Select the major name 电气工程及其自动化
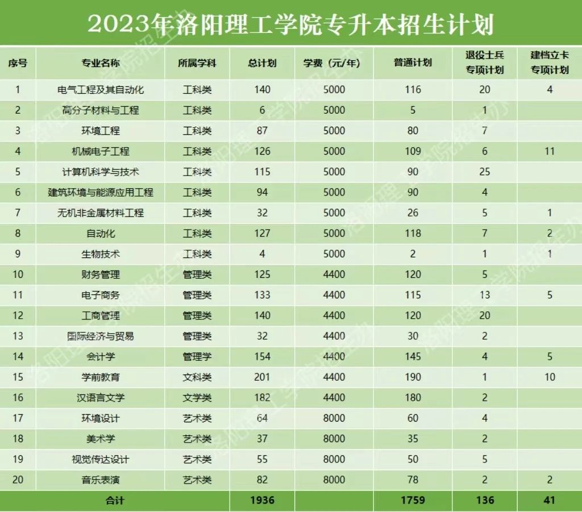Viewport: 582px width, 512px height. coord(101,89)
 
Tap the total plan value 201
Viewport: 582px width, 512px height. coord(262,377)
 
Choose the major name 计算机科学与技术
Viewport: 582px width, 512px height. coord(101,172)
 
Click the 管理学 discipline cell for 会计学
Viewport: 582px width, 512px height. coord(197,356)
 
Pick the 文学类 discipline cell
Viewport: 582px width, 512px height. coord(197,397)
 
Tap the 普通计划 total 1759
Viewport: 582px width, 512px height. coord(413,500)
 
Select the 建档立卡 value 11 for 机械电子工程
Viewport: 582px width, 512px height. coord(550,151)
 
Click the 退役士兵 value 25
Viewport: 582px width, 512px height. coord(484,172)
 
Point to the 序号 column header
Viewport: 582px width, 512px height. coord(18,63)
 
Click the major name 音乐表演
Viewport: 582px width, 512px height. coord(101,480)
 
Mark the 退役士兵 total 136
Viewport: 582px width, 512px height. coord(484,500)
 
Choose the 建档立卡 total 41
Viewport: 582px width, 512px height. coord(550,500)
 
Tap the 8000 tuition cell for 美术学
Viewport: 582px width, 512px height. coord(334,439)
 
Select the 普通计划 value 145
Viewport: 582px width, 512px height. coord(413,356)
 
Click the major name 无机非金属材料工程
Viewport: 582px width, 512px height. coord(101,213)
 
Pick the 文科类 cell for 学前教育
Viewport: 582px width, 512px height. coord(197,377)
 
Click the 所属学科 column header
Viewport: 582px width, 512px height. coord(197,63)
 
